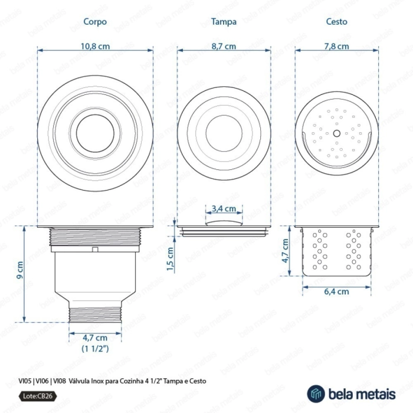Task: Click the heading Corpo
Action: click(x=95, y=22)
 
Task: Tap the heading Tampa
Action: click(x=224, y=22)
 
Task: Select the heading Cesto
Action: click(x=337, y=22)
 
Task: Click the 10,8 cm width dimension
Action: click(x=95, y=47)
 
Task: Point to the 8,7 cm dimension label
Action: click(x=224, y=47)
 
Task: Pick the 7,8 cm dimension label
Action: click(x=337, y=47)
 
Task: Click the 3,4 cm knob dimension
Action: click(x=224, y=209)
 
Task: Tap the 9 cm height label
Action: click(x=20, y=270)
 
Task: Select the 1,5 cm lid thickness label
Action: click(x=171, y=259)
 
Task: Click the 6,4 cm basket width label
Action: click(x=337, y=291)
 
